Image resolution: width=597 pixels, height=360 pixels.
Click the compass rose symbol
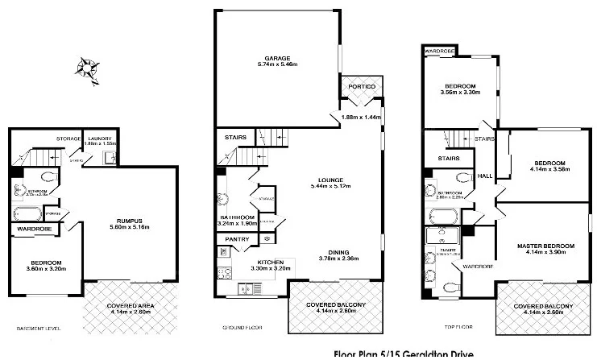87,68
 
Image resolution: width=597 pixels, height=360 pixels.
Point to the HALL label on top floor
485,176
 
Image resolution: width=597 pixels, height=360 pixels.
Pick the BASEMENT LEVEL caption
39,329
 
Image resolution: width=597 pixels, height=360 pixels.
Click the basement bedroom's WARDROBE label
31,228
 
